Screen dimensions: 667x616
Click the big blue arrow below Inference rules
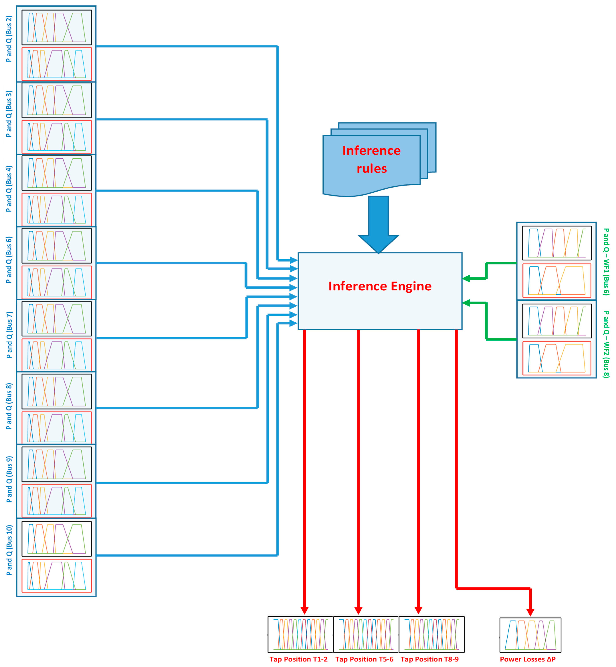pos(378,223)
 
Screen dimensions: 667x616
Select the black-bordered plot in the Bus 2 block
pos(57,27)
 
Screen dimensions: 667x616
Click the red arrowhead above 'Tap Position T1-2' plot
pos(304,610)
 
